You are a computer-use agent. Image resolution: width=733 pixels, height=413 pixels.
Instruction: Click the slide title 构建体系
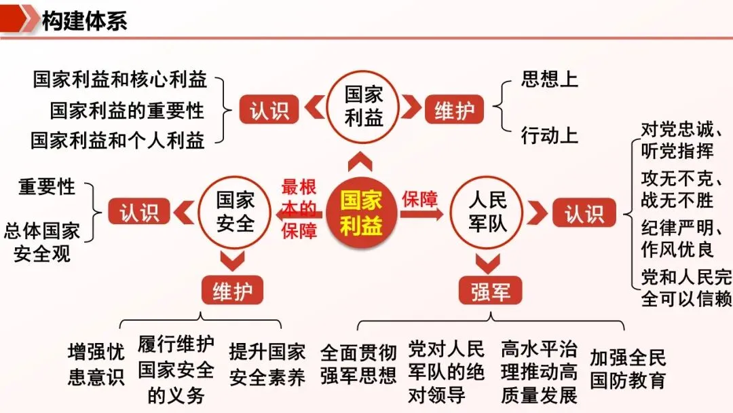coord(84,20)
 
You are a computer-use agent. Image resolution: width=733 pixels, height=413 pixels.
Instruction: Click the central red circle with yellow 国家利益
coord(361,213)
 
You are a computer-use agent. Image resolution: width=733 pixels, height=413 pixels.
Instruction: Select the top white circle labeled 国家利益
coord(364,107)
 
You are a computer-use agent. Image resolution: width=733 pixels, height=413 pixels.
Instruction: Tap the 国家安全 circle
coord(235,211)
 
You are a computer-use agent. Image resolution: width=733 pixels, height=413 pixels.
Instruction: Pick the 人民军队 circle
coord(487,211)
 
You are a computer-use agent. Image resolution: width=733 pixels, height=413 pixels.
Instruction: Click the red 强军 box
coord(491,291)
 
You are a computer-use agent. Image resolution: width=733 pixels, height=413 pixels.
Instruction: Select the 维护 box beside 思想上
coord(454,109)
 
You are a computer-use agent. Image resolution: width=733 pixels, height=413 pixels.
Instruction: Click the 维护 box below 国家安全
coord(232,291)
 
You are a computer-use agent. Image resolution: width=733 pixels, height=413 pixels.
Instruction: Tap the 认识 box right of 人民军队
coord(584,213)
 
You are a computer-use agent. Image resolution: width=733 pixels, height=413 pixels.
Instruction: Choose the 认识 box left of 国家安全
coord(139,213)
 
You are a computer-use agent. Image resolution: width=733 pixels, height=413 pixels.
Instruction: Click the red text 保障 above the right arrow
coord(420,199)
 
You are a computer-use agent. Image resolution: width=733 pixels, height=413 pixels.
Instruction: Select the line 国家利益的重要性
coord(127,109)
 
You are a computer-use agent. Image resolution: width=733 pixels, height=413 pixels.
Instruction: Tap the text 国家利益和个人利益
coord(118,140)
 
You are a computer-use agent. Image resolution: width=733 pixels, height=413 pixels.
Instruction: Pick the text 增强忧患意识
coord(96,365)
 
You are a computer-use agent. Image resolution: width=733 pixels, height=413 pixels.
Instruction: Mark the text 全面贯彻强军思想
coord(358,365)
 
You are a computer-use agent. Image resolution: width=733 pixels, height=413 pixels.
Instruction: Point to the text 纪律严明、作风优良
coord(685,238)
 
